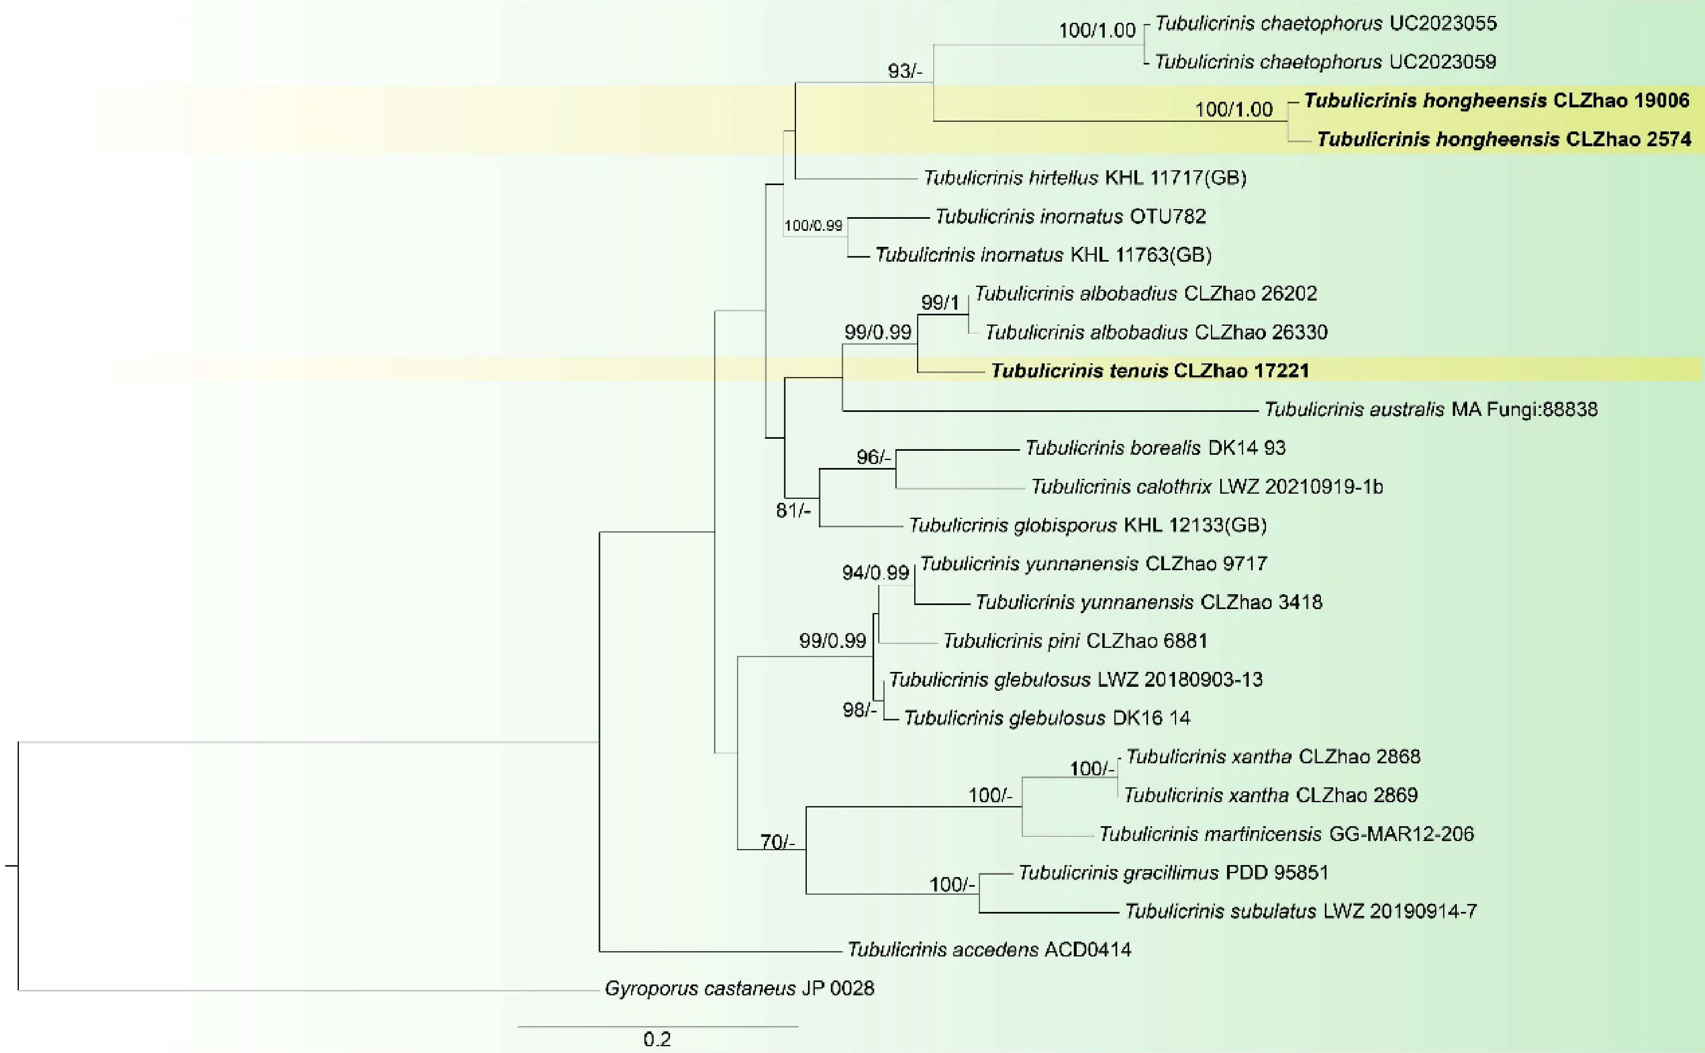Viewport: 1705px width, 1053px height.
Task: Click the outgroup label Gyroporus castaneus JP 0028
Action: tap(739, 988)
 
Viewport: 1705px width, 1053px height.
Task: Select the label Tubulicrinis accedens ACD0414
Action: tap(989, 949)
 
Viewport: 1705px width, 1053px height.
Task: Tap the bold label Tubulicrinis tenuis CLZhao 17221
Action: tap(1150, 371)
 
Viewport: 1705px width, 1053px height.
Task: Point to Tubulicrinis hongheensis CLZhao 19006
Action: tap(1496, 101)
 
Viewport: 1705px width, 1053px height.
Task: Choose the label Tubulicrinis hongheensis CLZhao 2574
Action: tap(1504, 140)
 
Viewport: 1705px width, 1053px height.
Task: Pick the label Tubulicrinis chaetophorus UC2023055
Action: tap(1326, 24)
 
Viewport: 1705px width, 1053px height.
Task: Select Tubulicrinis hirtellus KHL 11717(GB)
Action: tap(1085, 178)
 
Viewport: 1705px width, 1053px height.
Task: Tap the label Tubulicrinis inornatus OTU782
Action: tap(1070, 217)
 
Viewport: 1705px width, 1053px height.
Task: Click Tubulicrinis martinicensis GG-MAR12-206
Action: tap(1287, 833)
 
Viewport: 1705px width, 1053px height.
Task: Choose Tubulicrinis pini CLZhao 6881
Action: tap(1075, 641)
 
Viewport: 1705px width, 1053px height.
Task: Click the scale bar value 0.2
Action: tap(657, 1040)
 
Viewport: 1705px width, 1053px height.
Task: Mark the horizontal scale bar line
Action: tap(658, 1026)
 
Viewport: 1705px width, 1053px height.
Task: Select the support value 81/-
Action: tap(794, 510)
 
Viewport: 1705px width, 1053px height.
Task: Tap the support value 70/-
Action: tap(778, 842)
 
